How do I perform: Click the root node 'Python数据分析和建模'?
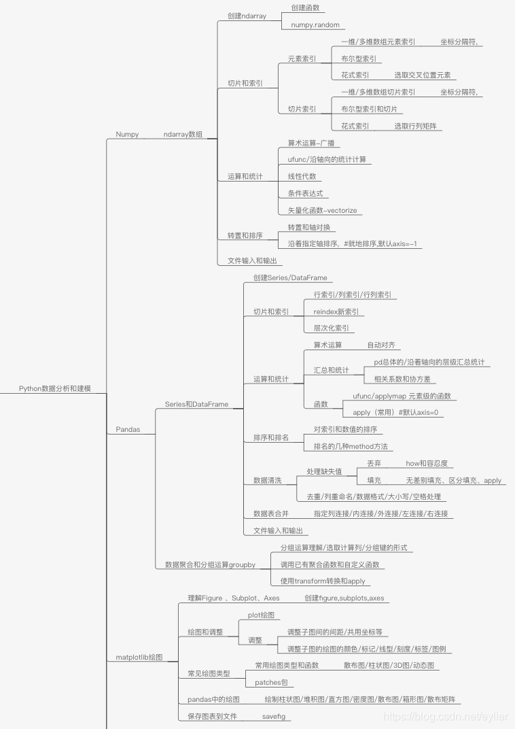pos(54,389)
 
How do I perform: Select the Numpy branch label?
pos(127,134)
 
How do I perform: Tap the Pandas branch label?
pos(128,429)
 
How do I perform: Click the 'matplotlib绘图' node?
pos(139,657)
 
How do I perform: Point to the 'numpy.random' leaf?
pos(314,24)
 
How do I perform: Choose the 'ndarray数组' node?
pos(183,134)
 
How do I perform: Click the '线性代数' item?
pos(302,176)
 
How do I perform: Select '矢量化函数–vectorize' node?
pos(322,210)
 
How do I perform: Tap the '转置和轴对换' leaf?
pos(308,227)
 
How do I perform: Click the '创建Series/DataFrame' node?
pos(290,277)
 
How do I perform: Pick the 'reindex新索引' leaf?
pos(336,311)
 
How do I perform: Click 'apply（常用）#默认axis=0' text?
pos(395,412)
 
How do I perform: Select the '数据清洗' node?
pos(267,480)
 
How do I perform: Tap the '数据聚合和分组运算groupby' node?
pos(211,564)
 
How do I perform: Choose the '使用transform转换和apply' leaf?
pos(323,581)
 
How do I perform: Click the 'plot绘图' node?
pos(262,614)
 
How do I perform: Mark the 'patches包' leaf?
pos(270,682)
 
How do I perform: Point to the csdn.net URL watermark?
pos(446,716)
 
